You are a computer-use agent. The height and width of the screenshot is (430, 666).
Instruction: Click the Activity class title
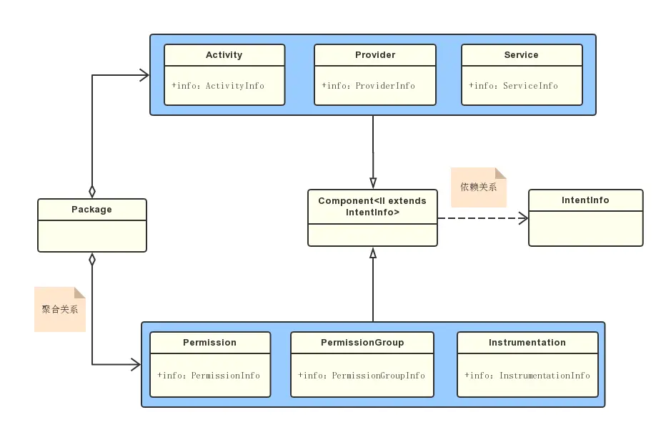pyautogui.click(x=224, y=55)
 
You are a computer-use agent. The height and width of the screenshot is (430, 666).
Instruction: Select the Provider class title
pyautogui.click(x=375, y=55)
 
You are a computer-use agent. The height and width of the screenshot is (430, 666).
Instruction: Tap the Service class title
pyautogui.click(x=521, y=55)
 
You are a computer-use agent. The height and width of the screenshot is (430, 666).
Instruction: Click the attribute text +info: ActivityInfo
pyautogui.click(x=218, y=85)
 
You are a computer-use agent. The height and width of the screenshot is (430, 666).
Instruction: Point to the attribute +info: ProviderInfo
pyautogui.click(x=368, y=85)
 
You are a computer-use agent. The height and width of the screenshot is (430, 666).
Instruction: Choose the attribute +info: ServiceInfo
pyautogui.click(x=513, y=85)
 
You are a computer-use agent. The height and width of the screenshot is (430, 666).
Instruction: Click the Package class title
pyautogui.click(x=91, y=209)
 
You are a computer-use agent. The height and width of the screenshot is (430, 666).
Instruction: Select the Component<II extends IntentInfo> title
pyautogui.click(x=372, y=206)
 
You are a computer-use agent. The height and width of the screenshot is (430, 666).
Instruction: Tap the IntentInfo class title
pyautogui.click(x=585, y=200)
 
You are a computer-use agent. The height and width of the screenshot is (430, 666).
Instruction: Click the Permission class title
pyautogui.click(x=209, y=343)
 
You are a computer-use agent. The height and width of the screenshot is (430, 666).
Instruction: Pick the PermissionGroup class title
pyautogui.click(x=362, y=343)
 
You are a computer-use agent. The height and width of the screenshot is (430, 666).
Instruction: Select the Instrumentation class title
pyautogui.click(x=527, y=343)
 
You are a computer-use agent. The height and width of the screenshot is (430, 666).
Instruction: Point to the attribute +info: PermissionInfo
pyautogui.click(x=209, y=375)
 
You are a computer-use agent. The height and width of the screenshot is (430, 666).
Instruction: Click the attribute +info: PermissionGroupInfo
pyautogui.click(x=362, y=375)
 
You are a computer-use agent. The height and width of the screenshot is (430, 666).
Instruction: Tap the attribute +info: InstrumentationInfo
pyautogui.click(x=527, y=375)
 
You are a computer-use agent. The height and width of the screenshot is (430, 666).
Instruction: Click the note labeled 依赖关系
pyautogui.click(x=479, y=187)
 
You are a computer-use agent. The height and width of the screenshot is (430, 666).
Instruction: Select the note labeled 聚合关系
pyautogui.click(x=60, y=309)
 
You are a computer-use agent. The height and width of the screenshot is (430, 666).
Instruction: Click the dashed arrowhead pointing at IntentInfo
pyautogui.click(x=523, y=218)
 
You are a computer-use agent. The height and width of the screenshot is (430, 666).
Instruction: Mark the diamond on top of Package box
pyautogui.click(x=92, y=192)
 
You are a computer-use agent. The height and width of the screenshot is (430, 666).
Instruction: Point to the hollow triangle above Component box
pyautogui.click(x=373, y=183)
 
